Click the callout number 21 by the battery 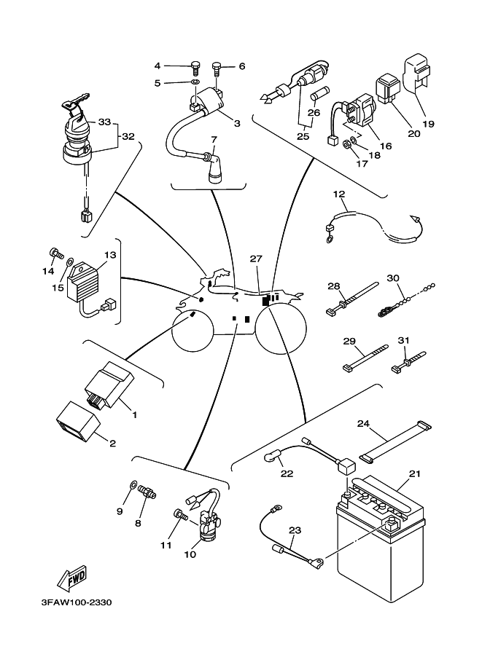(415, 474)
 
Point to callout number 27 (255, 259)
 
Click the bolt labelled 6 (217, 69)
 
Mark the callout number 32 (128, 136)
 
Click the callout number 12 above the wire (339, 194)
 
